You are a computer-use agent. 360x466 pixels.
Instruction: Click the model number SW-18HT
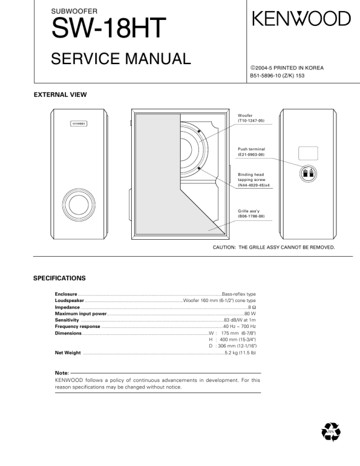pos(109,28)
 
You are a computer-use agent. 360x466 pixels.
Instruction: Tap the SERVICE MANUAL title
pos(121,59)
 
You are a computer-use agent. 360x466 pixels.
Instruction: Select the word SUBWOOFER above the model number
pos(75,11)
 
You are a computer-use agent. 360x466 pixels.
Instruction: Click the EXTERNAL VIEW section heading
pos(60,95)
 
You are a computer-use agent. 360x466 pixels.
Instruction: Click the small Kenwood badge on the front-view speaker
pos(79,125)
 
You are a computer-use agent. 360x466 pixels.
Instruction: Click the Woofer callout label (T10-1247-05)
pos(251,118)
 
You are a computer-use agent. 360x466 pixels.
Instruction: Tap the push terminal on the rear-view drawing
pos(308,173)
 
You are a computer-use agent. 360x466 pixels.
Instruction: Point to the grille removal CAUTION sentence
pos(274,247)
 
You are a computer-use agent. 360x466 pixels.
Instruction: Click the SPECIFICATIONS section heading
pos(59,278)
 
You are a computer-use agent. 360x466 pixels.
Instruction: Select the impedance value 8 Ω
pos(252,307)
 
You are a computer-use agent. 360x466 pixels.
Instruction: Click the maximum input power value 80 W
pos(249,314)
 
